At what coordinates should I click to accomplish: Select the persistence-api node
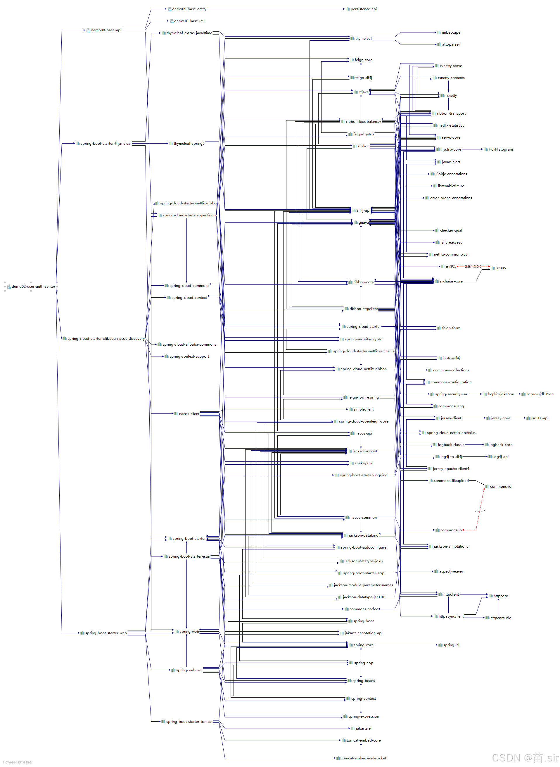tap(363, 9)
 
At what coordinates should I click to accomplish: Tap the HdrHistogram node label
tap(500, 149)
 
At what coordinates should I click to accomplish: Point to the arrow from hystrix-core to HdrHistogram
tap(473, 149)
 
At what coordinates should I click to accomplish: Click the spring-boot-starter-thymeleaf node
tap(106, 144)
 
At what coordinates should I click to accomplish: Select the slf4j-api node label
tap(363, 211)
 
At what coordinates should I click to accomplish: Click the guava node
tap(363, 223)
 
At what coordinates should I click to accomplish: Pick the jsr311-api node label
tap(539, 418)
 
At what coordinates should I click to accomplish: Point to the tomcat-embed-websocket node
tap(363, 758)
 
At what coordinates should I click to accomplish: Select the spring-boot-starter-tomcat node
tap(189, 722)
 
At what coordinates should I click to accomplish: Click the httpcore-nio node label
tap(500, 618)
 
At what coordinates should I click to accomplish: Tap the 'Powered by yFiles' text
tap(17, 762)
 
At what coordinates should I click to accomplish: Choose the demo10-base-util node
tap(189, 21)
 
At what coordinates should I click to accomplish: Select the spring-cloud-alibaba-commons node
tap(189, 344)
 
